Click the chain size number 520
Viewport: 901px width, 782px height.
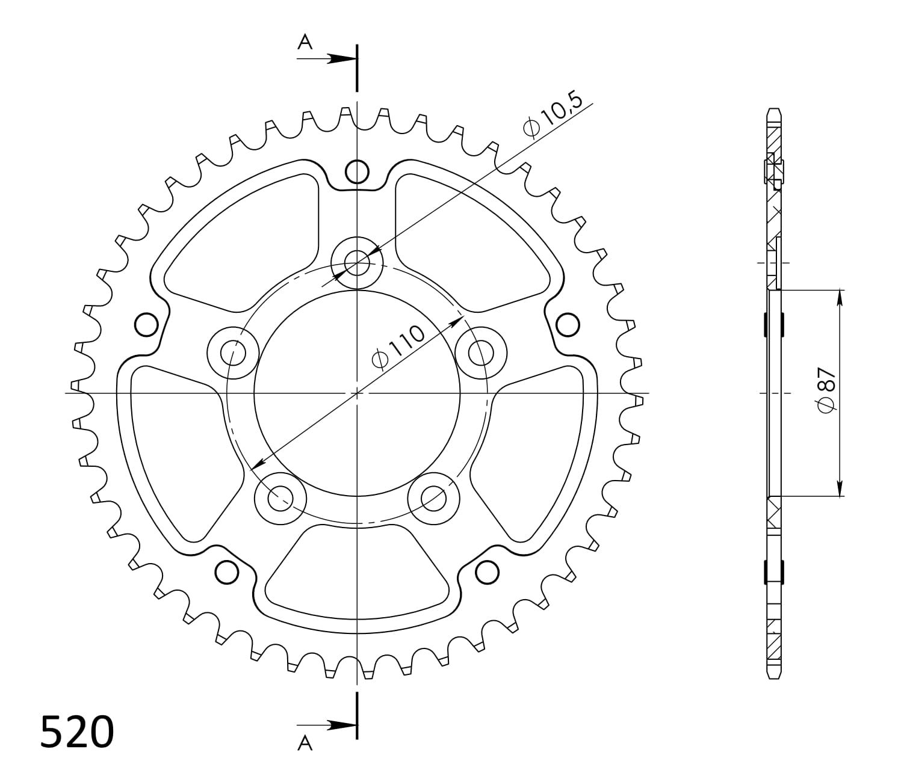pyautogui.click(x=77, y=732)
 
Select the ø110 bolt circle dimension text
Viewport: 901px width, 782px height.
pyautogui.click(x=398, y=347)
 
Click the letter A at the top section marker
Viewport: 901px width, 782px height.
pyautogui.click(x=305, y=43)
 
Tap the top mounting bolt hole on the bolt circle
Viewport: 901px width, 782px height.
pyautogui.click(x=357, y=263)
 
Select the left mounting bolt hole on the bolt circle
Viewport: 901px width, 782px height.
pyautogui.click(x=232, y=353)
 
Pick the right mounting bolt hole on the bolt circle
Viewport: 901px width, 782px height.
pyautogui.click(x=481, y=353)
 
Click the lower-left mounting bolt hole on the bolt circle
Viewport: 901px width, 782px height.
pyautogui.click(x=280, y=499)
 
